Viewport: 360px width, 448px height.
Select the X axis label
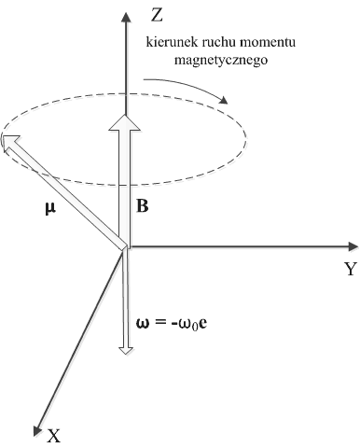click(x=54, y=434)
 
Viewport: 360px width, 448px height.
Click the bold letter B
click(x=143, y=206)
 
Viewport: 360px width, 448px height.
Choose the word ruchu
click(x=215, y=44)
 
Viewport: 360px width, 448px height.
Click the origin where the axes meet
click(x=125, y=248)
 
